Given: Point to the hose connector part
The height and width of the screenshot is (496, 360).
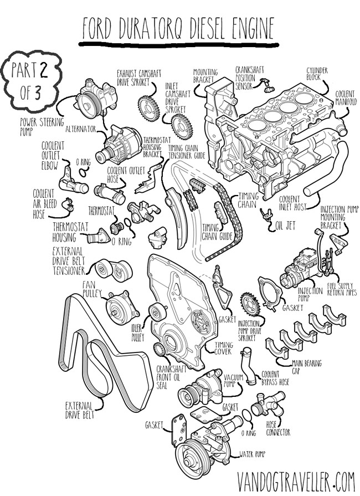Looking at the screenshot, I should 260,410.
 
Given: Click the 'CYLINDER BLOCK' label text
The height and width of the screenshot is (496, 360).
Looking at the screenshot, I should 317,74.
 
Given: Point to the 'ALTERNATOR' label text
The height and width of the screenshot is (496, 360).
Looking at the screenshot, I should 81,129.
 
